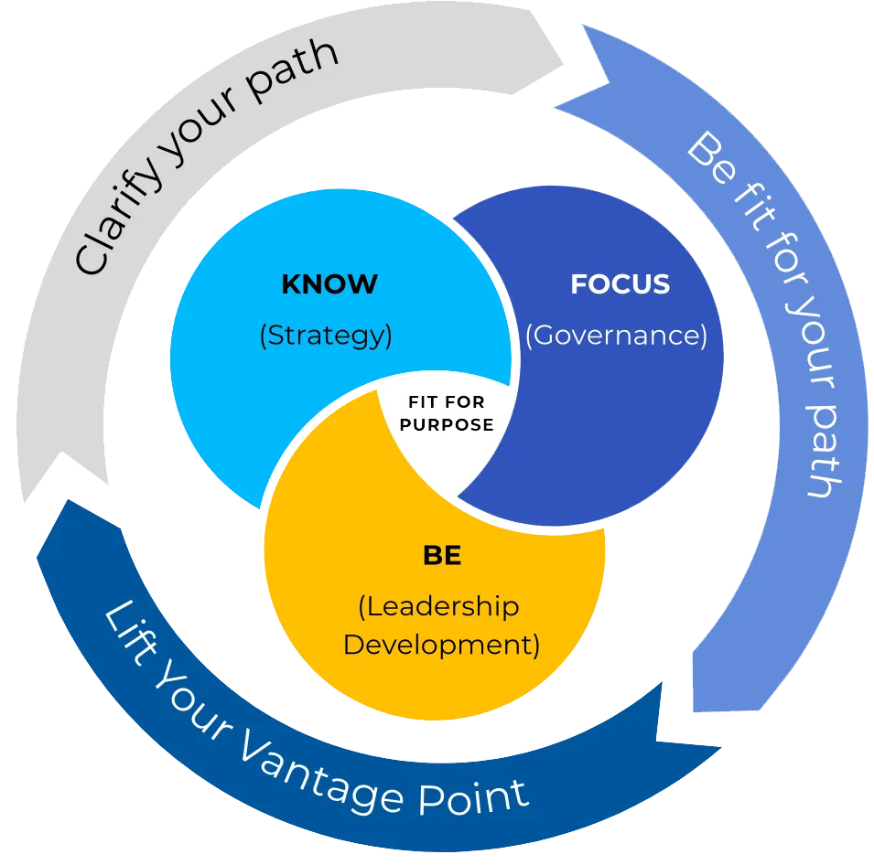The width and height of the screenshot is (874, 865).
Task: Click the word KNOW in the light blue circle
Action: pos(329,284)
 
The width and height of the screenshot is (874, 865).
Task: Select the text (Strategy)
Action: pos(326,336)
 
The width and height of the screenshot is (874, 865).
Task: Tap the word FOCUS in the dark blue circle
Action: pos(620,284)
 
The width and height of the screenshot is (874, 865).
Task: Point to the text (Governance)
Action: pos(616,336)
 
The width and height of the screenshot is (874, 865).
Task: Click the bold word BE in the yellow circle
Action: pos(442,556)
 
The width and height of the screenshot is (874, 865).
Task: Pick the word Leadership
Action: pos(439,606)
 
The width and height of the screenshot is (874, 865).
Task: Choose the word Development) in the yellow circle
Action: pos(441,645)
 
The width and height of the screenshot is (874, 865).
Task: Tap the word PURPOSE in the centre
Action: pos(447,425)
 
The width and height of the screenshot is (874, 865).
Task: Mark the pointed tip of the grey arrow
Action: pos(567,64)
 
